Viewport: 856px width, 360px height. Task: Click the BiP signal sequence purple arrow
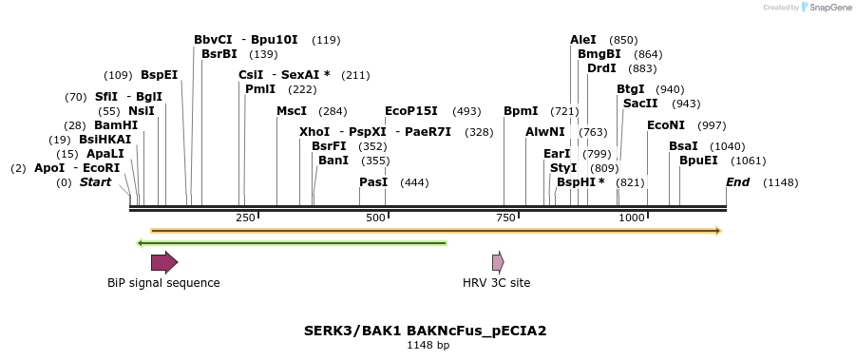(164, 262)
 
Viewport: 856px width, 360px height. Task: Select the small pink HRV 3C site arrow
(498, 262)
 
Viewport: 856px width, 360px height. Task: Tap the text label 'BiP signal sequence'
(163, 282)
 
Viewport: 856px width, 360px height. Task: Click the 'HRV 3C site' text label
(496, 282)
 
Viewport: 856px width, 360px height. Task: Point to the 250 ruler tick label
(245, 218)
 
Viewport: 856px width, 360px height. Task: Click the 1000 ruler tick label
(633, 218)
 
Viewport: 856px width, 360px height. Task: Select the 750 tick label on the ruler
(504, 218)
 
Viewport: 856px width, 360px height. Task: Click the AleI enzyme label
(583, 40)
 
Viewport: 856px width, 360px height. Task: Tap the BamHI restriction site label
(116, 125)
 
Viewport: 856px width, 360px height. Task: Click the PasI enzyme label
(373, 181)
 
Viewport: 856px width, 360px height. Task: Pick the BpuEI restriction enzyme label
(698, 161)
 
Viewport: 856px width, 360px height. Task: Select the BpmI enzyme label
(521, 111)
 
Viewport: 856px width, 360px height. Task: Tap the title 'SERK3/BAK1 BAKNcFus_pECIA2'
(425, 331)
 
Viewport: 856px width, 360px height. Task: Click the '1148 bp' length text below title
(428, 345)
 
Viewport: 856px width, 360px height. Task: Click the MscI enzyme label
(292, 111)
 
